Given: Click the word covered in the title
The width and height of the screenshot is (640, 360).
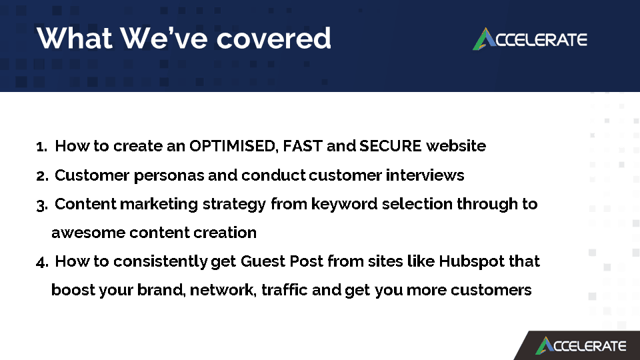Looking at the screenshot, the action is point(273,39).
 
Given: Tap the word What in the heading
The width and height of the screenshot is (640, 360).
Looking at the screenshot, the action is point(74,38).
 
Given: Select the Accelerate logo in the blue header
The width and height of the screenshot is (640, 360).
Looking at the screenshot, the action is point(530,39).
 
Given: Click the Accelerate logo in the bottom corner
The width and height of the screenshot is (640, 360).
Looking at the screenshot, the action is point(581,346).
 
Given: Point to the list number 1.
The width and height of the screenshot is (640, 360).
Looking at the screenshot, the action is point(41,146).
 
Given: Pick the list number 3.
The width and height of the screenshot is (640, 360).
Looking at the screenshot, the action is point(42,205).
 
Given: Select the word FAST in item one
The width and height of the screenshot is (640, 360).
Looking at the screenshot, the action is point(303,146).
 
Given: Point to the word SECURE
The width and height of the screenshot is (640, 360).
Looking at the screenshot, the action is point(390,146).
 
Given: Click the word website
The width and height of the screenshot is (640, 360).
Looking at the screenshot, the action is point(456,146).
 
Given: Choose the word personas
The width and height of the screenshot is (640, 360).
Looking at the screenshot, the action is point(169,175).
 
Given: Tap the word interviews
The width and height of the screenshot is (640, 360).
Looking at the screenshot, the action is point(425,175).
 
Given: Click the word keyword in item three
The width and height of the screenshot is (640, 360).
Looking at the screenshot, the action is point(344,204).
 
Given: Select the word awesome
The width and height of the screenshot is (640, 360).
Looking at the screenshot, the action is point(88,233).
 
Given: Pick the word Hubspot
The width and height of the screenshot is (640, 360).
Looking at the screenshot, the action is point(472,261).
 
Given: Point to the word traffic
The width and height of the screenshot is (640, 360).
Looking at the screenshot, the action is point(285,290).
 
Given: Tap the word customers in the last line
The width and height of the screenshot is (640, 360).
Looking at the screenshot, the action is point(491,290).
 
